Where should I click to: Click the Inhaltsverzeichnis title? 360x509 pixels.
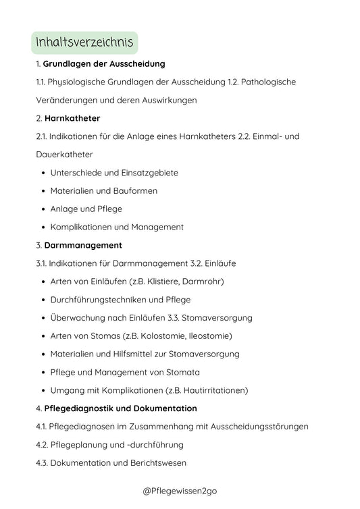tap(85, 43)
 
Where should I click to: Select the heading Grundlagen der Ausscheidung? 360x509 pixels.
tap(104, 63)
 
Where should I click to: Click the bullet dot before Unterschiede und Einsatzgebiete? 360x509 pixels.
tap(43, 173)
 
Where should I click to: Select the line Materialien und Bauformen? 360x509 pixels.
tap(103, 191)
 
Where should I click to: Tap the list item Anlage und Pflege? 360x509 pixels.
tap(86, 209)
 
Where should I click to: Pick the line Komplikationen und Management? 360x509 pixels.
tap(117, 227)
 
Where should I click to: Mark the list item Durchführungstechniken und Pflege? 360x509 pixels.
tap(120, 300)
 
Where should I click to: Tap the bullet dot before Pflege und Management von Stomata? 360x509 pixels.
tap(43, 373)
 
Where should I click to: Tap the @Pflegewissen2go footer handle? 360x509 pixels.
tap(180, 491)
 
